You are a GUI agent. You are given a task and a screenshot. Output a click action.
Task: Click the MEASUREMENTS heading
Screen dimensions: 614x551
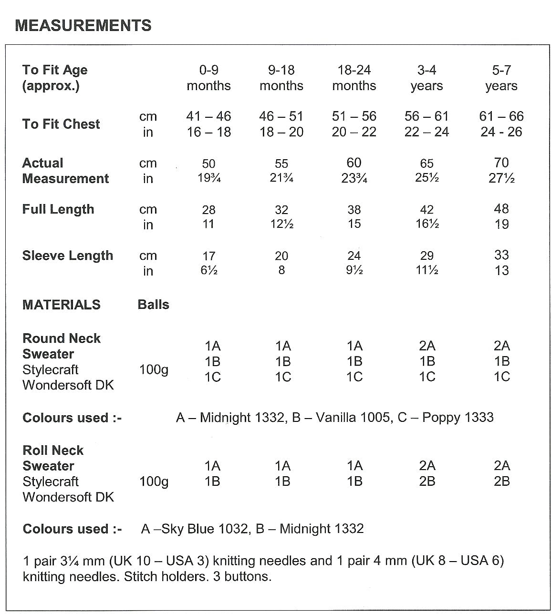(x=83, y=25)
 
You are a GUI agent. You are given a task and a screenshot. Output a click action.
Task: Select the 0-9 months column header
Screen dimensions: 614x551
(x=208, y=78)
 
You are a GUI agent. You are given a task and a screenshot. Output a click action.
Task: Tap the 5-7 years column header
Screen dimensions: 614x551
(x=501, y=78)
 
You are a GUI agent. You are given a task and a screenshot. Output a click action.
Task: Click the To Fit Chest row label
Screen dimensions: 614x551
(x=61, y=124)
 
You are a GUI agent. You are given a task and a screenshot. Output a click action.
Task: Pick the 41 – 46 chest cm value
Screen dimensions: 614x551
(x=208, y=116)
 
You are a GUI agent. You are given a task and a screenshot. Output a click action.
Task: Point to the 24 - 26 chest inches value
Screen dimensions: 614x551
(x=501, y=132)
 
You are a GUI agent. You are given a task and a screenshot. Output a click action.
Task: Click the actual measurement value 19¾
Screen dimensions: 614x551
(x=208, y=179)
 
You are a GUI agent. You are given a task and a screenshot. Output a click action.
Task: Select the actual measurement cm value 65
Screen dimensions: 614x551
(x=426, y=164)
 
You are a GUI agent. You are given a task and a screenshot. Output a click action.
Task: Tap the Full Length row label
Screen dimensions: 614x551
(x=58, y=209)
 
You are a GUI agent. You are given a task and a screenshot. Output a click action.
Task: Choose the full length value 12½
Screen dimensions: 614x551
(x=281, y=224)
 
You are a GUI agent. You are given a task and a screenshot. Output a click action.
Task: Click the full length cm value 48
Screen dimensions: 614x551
(x=501, y=209)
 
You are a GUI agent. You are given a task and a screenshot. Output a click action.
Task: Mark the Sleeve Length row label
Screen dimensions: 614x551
(x=68, y=256)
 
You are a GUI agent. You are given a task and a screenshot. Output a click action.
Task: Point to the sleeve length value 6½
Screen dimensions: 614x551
(x=208, y=271)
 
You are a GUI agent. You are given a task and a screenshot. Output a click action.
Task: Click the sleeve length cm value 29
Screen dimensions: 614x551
(x=426, y=256)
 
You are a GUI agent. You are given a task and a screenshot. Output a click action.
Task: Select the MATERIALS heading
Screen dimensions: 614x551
(x=62, y=305)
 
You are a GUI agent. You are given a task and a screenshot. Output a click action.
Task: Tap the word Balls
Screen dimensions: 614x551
(x=153, y=305)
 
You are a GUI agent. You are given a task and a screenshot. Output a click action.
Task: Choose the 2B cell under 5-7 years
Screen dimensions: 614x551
(x=501, y=481)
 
